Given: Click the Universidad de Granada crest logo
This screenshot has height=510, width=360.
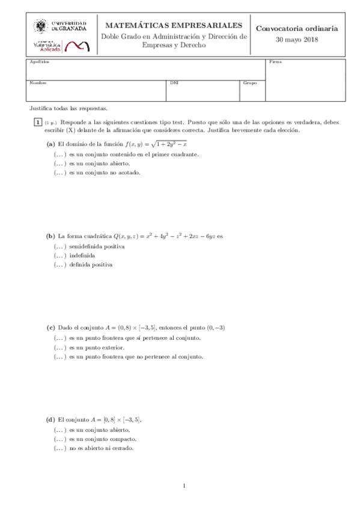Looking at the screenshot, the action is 41,26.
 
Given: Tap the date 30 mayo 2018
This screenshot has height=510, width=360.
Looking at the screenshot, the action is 297,40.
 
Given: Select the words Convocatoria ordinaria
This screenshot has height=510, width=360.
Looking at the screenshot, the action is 297,28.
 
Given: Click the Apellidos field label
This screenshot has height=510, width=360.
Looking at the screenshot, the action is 39,62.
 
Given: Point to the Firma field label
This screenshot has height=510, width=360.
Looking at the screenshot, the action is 275,62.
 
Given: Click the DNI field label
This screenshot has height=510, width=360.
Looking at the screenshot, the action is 174,83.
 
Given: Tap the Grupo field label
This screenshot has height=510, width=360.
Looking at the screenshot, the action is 249,83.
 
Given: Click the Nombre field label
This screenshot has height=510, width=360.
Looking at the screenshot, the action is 38,83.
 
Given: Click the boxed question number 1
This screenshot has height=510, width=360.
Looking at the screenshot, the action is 38,121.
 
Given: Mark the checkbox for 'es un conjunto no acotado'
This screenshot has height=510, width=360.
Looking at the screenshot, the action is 59,173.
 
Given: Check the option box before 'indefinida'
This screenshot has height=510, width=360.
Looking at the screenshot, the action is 59,256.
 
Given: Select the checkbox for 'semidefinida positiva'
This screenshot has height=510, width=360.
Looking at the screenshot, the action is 59,247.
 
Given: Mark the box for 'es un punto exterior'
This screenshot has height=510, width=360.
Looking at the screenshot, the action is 59,348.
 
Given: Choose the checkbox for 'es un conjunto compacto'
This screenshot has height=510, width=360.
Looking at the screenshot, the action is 59,440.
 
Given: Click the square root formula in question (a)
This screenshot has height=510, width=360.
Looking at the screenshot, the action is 169,144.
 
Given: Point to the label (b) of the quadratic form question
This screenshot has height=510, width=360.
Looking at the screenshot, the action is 50,236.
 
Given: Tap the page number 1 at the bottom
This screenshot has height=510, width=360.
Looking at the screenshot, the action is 185,486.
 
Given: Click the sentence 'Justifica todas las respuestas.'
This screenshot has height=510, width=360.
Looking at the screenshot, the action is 68,108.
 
